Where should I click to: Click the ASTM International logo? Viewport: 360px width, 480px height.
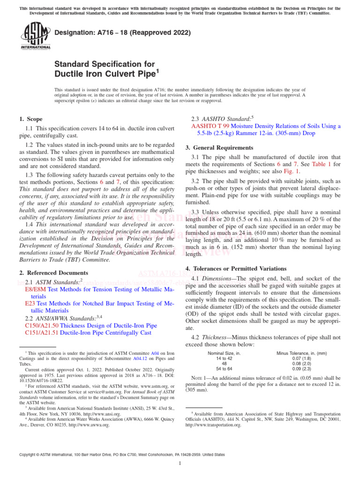[x=35, y=37]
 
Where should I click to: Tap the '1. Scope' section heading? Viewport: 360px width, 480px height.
[x=31, y=119]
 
